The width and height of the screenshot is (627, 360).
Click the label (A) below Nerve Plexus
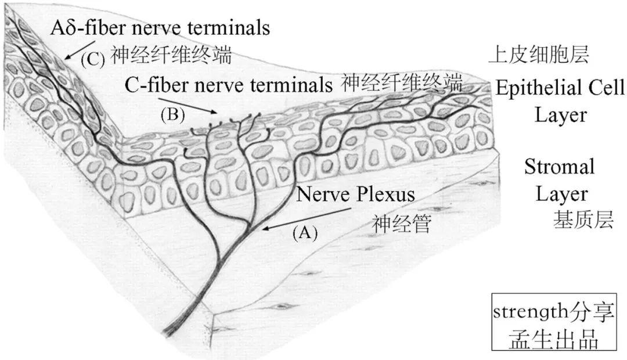tap(305, 232)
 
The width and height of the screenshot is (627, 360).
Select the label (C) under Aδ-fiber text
tap(92, 59)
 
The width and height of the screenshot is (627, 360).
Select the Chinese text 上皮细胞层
tap(539, 55)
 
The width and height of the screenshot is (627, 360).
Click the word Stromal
tap(560, 167)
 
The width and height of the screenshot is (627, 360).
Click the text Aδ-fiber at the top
tap(86, 27)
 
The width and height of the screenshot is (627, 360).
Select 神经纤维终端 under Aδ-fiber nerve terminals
tap(171, 56)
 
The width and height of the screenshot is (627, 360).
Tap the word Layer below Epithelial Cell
tap(560, 114)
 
